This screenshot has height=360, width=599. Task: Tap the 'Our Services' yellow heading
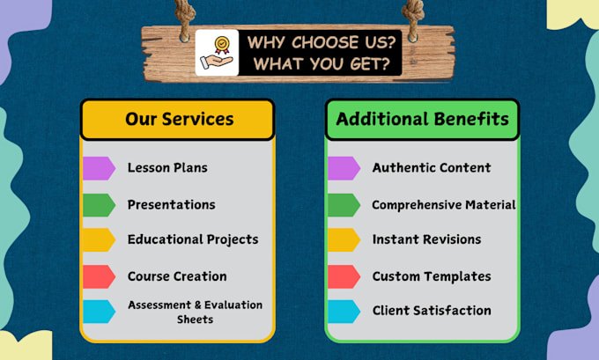pyautogui.click(x=179, y=119)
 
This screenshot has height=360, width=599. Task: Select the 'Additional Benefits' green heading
pyautogui.click(x=422, y=119)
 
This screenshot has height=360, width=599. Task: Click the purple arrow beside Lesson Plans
pyautogui.click(x=99, y=167)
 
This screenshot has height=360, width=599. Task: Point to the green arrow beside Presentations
pyautogui.click(x=99, y=204)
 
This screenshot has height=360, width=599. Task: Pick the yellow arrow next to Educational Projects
pyautogui.click(x=99, y=239)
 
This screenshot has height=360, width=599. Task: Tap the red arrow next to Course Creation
pyautogui.click(x=99, y=276)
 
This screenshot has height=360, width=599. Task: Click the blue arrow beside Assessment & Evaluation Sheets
pyautogui.click(x=99, y=311)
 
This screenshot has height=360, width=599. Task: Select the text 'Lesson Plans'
pyautogui.click(x=167, y=167)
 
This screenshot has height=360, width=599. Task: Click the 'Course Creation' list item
pyautogui.click(x=177, y=276)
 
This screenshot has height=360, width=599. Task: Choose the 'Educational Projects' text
pyautogui.click(x=193, y=239)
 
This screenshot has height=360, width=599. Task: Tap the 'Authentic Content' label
pyautogui.click(x=432, y=167)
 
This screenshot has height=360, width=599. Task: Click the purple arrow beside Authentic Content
pyautogui.click(x=344, y=167)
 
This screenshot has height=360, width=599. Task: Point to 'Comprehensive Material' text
pyautogui.click(x=444, y=205)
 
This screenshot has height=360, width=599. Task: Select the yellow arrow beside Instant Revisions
pyautogui.click(x=344, y=239)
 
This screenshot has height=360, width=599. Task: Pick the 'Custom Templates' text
pyautogui.click(x=432, y=276)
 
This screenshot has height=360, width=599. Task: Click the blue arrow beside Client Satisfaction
pyautogui.click(x=344, y=311)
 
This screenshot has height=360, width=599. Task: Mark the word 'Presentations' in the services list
pyautogui.click(x=171, y=204)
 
